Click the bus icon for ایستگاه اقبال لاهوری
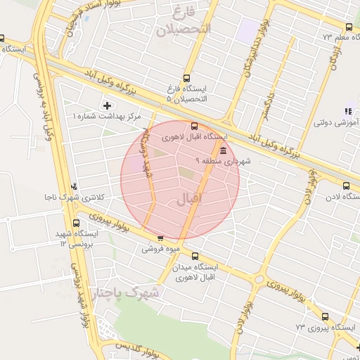[195, 127]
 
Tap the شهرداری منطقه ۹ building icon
[223, 151]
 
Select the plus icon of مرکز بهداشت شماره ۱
[107, 105]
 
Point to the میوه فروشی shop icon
[161, 238]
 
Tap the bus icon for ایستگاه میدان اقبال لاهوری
[195, 257]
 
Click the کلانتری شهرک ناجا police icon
[75, 186]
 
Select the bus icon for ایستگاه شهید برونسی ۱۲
[76, 223]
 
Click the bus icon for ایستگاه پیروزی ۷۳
[325, 317]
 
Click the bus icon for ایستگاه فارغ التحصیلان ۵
[186, 78]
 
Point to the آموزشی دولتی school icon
[348, 111]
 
